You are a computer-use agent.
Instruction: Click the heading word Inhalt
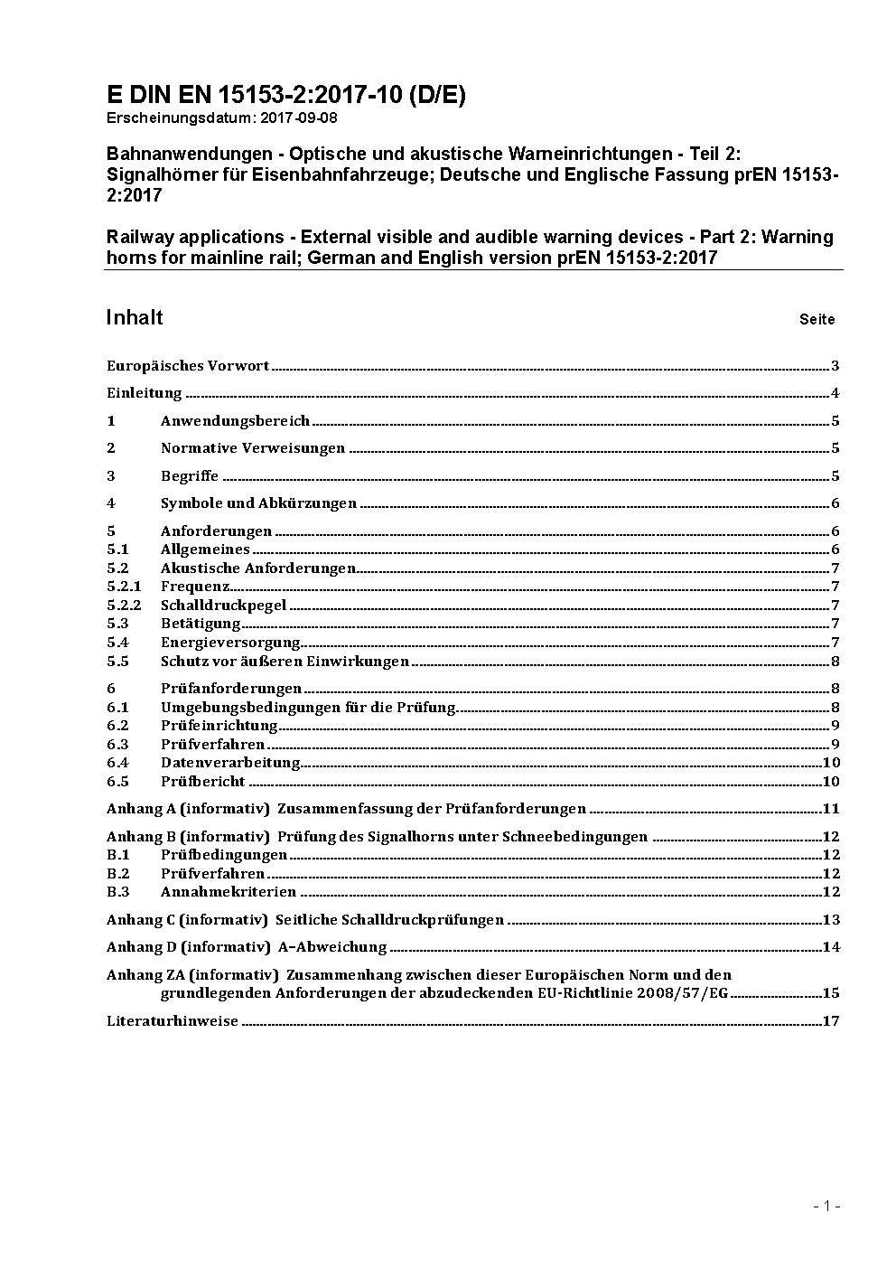tap(135, 317)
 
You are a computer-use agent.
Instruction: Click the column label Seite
tap(817, 319)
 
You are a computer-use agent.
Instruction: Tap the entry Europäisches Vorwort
tap(188, 366)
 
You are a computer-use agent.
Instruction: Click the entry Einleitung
tap(145, 393)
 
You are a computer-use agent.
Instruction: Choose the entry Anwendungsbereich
tap(235, 421)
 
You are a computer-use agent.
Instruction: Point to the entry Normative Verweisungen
tap(253, 448)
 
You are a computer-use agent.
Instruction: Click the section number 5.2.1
tap(124, 587)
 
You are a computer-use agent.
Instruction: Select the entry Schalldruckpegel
tap(223, 606)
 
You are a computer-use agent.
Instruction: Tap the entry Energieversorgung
tap(230, 643)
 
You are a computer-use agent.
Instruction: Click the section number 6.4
tap(117, 763)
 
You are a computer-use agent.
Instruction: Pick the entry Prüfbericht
tap(202, 782)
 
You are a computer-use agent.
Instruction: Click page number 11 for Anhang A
tap(831, 809)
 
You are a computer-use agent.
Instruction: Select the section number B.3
tap(118, 892)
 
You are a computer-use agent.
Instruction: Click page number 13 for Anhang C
tap(831, 920)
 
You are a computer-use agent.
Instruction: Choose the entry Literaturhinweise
tap(173, 1021)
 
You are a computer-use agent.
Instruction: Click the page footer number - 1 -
tap(827, 1206)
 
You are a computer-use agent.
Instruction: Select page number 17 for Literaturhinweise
tap(831, 1021)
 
